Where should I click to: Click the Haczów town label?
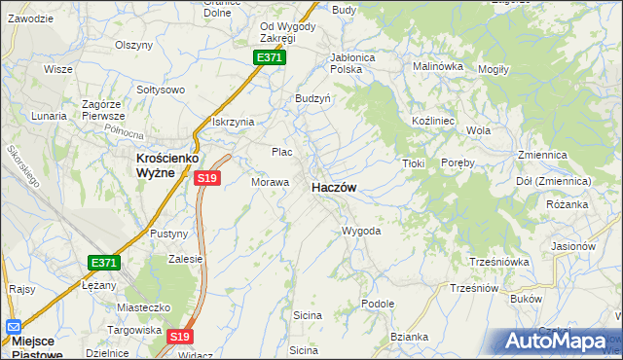(332, 187)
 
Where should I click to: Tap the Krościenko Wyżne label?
(155, 164)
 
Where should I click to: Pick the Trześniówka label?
(498, 261)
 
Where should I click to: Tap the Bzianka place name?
(409, 337)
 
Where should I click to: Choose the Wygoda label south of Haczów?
(360, 232)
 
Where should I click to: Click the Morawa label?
(271, 182)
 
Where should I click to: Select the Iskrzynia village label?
(233, 122)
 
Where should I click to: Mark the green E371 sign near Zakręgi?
(270, 58)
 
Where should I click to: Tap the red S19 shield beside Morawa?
(206, 178)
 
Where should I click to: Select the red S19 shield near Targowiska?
(178, 337)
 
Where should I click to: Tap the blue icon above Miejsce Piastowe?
(13, 328)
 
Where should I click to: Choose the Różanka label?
(568, 205)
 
